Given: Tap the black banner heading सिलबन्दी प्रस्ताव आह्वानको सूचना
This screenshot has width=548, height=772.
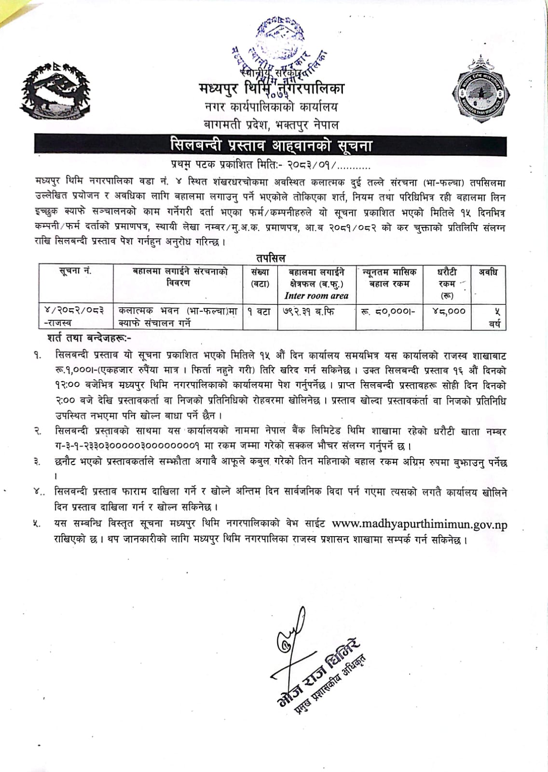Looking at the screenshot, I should (271, 145).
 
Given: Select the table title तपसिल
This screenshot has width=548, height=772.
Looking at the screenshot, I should (271, 258).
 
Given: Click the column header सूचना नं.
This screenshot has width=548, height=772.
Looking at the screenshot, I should (75, 272).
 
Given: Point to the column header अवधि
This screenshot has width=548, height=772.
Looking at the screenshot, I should (488, 272).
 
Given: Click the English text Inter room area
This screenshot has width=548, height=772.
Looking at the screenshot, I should (316, 296).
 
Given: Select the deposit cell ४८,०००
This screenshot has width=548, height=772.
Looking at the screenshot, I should (449, 312).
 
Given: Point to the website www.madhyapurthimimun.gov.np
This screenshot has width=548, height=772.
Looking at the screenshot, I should (420, 524).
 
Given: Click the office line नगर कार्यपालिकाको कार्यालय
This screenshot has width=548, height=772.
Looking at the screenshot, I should (271, 107).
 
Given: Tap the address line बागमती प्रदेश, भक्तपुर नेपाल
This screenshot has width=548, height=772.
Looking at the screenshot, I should (271, 125).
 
